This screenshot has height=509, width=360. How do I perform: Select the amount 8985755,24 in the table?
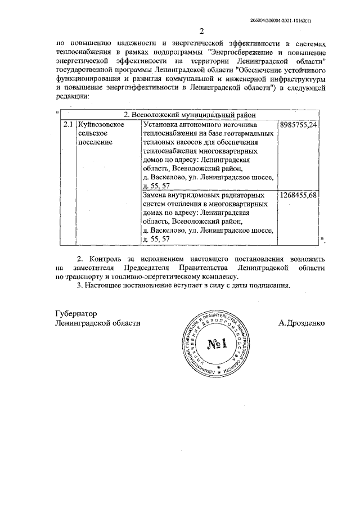[x=299, y=123]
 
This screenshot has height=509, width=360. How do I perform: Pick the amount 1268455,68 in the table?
[x=299, y=195]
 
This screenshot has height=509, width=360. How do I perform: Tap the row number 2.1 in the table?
[x=68, y=123]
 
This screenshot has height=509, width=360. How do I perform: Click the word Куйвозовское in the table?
[x=101, y=123]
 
